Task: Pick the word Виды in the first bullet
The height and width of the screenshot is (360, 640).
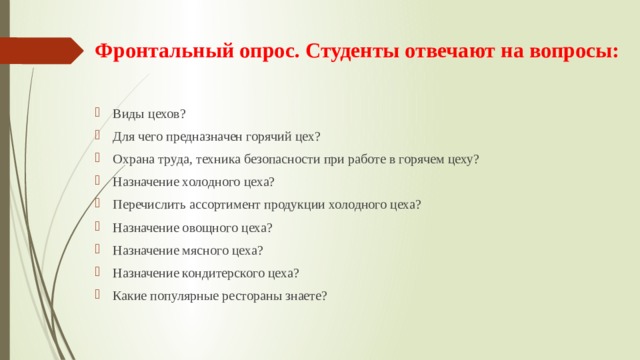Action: (x=127, y=113)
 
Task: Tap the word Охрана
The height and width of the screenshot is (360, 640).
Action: (x=133, y=159)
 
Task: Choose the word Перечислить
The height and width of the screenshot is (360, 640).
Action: (x=149, y=205)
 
